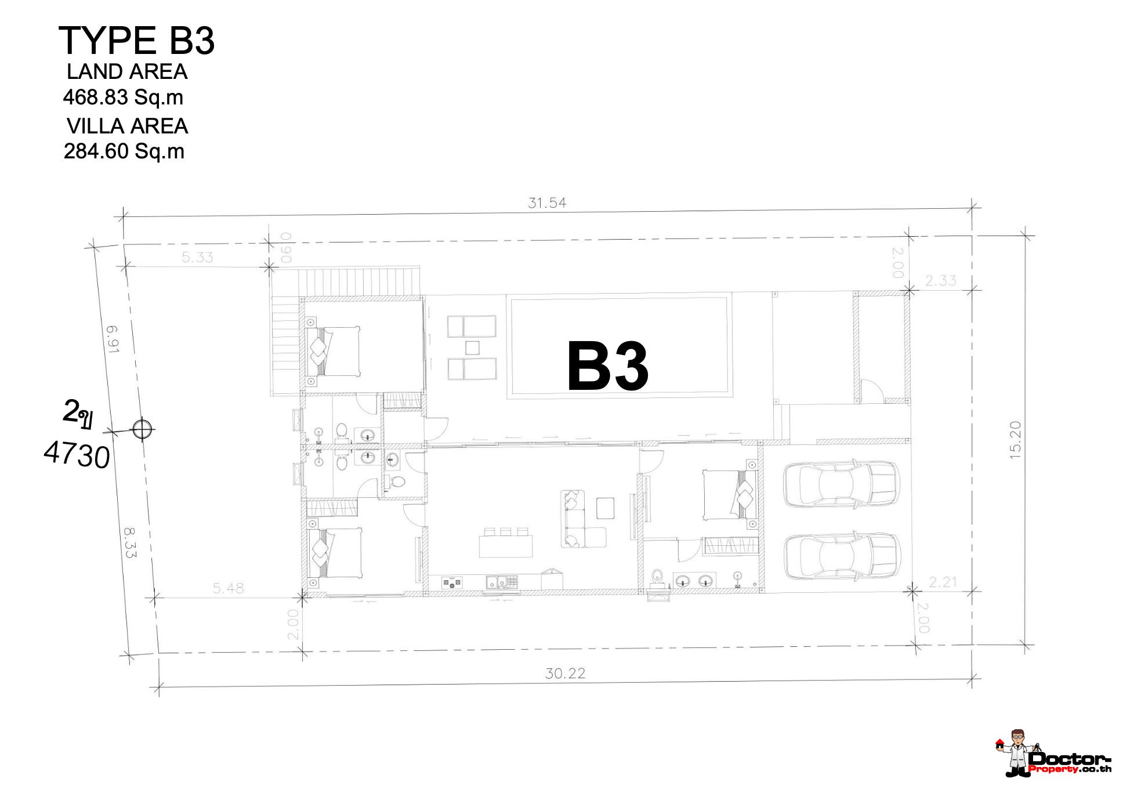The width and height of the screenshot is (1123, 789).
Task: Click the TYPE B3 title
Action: pyautogui.click(x=137, y=41)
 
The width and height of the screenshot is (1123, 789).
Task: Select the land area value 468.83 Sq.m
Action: pyautogui.click(x=123, y=97)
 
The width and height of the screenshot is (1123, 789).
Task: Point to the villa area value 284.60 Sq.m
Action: pyautogui.click(x=124, y=151)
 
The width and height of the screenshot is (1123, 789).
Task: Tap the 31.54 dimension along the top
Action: pyautogui.click(x=546, y=202)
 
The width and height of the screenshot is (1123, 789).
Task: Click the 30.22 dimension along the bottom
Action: pyautogui.click(x=565, y=673)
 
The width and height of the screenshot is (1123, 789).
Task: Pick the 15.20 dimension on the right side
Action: pyautogui.click(x=1015, y=440)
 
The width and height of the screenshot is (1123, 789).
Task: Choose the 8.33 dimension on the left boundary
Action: pyautogui.click(x=129, y=542)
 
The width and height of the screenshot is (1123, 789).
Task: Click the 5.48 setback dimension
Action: pyautogui.click(x=228, y=588)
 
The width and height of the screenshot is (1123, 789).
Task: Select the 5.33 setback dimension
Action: pyautogui.click(x=197, y=257)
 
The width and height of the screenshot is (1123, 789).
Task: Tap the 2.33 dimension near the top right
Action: pyautogui.click(x=940, y=280)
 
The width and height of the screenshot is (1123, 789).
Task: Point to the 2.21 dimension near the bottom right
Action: pyautogui.click(x=942, y=581)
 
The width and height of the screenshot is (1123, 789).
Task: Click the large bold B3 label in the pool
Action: pyautogui.click(x=607, y=366)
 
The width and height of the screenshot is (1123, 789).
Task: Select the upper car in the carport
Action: pyautogui.click(x=841, y=484)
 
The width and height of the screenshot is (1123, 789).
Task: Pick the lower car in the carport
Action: pyautogui.click(x=842, y=556)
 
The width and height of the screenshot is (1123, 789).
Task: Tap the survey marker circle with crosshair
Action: pyautogui.click(x=142, y=429)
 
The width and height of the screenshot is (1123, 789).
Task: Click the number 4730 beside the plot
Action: pyautogui.click(x=77, y=454)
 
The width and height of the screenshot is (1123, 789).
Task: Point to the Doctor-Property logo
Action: pyautogui.click(x=1053, y=754)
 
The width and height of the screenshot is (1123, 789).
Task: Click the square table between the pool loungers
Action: pyautogui.click(x=472, y=348)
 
